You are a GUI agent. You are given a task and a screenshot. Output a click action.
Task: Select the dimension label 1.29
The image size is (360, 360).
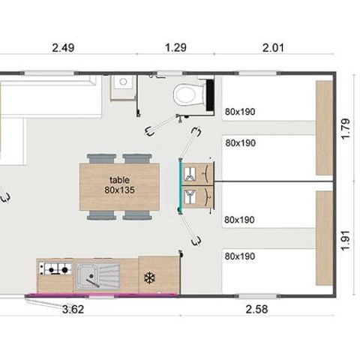click(x=175, y=49)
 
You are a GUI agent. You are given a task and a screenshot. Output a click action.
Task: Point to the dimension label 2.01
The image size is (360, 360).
click(x=274, y=49)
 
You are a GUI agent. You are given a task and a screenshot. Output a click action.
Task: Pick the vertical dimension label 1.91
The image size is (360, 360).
click(x=346, y=238)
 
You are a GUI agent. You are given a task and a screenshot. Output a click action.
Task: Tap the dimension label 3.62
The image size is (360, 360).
click(x=73, y=308)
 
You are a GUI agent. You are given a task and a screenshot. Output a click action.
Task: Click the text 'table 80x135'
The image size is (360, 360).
click(x=119, y=185)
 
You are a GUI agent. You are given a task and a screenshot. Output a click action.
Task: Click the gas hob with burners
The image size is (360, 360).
click(x=55, y=268)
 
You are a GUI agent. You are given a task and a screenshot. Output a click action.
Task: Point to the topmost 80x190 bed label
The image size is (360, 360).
click(x=240, y=112)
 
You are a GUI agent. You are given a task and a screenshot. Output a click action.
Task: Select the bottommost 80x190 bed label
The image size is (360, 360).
click(x=240, y=256)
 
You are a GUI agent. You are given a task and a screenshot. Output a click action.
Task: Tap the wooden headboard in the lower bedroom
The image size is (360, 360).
click(x=324, y=238)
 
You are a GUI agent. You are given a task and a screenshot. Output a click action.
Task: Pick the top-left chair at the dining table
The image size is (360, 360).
click(x=100, y=158)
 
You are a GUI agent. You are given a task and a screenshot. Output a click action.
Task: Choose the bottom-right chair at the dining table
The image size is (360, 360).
click(x=136, y=215)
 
